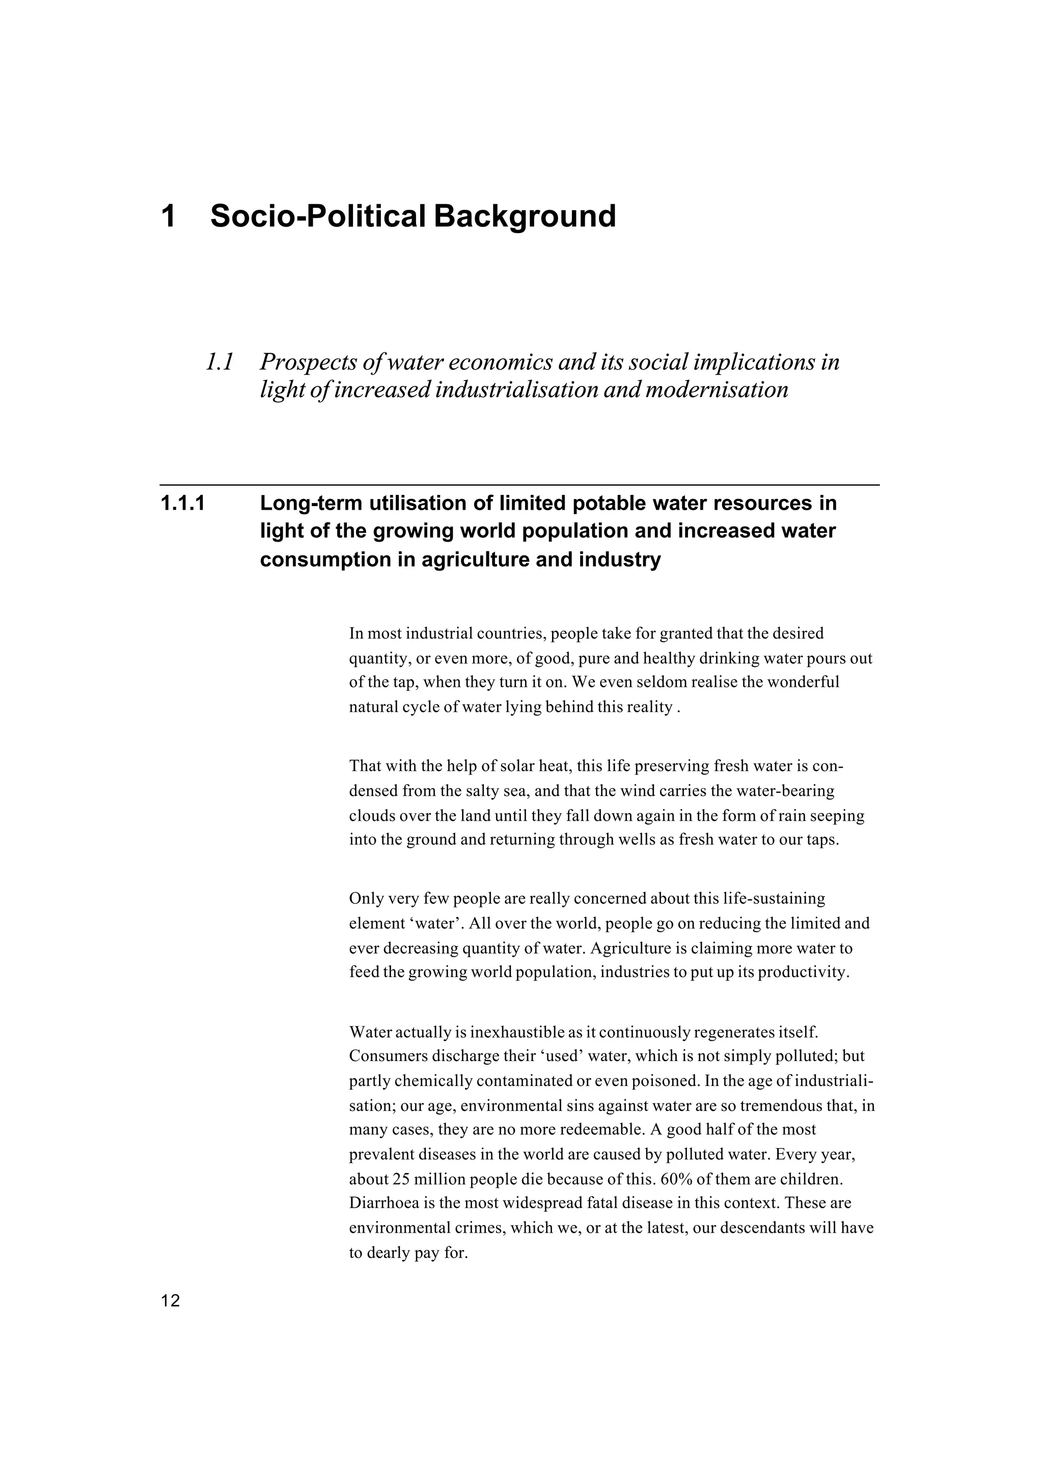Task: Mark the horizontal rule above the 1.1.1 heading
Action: (519, 485)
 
